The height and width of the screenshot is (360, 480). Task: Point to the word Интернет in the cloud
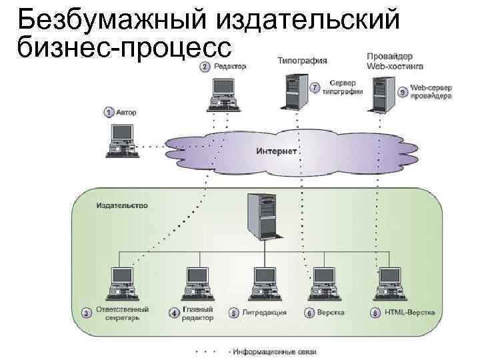coord(275,151)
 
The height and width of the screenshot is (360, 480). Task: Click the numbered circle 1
coord(109,113)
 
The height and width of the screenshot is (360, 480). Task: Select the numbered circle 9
coord(402,92)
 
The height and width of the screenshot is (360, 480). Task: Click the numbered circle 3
coord(87,312)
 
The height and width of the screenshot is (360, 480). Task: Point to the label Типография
coord(301,61)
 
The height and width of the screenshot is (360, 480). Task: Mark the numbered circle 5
coord(233,312)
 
